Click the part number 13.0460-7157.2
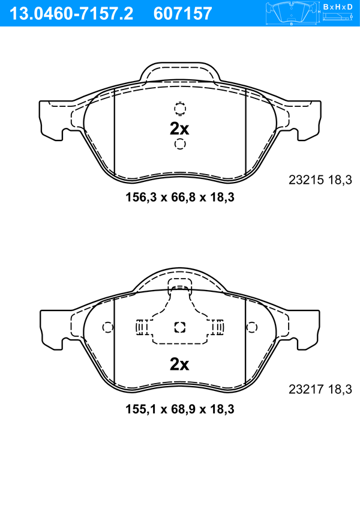click(x=71, y=13)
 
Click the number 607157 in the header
click(x=183, y=13)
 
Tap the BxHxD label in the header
click(x=338, y=7)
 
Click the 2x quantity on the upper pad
click(x=179, y=129)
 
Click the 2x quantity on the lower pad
click(x=179, y=364)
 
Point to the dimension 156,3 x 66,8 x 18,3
click(x=180, y=197)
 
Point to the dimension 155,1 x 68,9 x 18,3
click(x=180, y=409)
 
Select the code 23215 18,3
click(x=320, y=180)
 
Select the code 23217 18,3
click(x=320, y=389)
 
